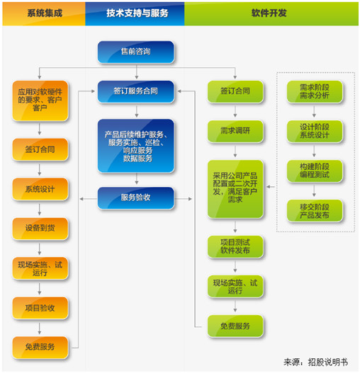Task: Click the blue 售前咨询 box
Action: click(135, 52)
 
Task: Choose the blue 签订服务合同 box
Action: click(135, 91)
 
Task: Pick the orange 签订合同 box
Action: click(40, 150)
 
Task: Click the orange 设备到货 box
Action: click(40, 228)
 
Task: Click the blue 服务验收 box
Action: click(135, 197)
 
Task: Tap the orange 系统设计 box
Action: click(40, 189)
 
